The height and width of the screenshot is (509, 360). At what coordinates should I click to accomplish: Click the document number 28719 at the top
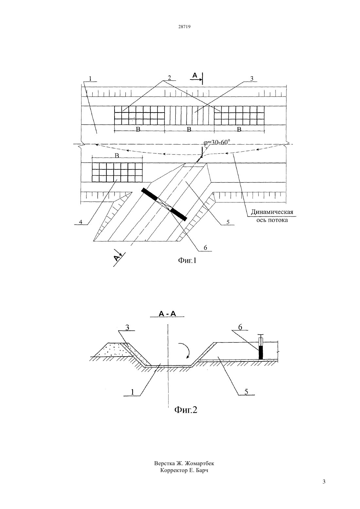(184, 26)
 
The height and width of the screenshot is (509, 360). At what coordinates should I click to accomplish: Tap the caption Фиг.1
(187, 260)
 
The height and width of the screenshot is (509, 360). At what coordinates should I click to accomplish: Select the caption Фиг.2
(186, 410)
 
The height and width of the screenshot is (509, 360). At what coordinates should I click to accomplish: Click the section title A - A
(167, 314)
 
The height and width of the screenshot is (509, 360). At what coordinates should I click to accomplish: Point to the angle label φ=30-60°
(217, 142)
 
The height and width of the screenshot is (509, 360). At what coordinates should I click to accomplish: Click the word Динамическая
(272, 212)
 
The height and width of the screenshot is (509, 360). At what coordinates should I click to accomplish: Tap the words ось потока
(272, 220)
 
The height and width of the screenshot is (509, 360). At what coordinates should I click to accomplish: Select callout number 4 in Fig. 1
(81, 221)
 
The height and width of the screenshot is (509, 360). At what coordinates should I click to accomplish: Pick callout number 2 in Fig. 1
(169, 78)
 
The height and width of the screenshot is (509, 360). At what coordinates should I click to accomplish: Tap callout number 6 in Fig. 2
(240, 327)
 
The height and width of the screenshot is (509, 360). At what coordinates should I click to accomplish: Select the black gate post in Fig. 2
(261, 353)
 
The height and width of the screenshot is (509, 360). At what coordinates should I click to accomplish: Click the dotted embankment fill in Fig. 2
(114, 350)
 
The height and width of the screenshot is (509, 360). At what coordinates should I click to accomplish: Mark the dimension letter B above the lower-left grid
(117, 156)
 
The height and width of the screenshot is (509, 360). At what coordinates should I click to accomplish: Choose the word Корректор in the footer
(174, 470)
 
